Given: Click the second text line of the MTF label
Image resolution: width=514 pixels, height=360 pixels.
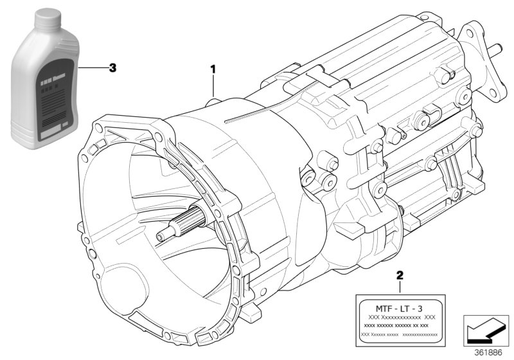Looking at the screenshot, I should pos(400,318).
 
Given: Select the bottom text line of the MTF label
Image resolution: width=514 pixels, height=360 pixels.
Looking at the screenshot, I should pos(400,335).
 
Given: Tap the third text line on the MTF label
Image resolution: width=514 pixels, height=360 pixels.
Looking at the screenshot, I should pos(400,326).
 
